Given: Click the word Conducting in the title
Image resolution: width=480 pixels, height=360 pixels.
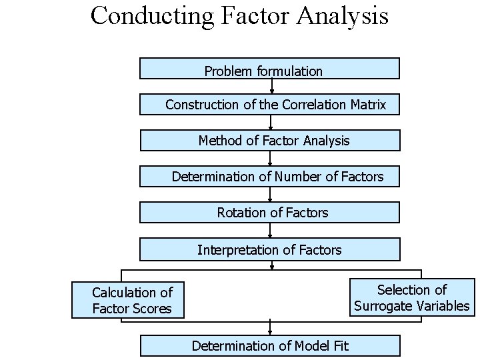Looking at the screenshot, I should click(x=152, y=15).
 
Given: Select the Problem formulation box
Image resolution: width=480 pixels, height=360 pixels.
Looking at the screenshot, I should click(x=269, y=69).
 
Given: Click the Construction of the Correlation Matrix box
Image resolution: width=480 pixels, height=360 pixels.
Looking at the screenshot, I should click(x=269, y=105).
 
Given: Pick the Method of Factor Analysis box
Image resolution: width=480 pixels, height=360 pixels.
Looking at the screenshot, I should click(x=269, y=141).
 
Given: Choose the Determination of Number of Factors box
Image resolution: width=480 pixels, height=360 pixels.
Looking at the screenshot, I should click(x=269, y=177).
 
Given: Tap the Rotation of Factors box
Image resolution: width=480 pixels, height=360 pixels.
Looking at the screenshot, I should click(x=269, y=213).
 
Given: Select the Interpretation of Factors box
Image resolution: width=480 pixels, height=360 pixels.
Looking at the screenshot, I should click(x=269, y=250).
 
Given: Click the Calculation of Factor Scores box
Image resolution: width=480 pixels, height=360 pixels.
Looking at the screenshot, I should click(x=128, y=300).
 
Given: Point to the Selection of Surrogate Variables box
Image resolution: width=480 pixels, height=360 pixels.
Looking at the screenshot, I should click(x=411, y=297).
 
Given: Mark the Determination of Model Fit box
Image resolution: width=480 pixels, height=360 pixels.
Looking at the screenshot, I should click(x=269, y=345).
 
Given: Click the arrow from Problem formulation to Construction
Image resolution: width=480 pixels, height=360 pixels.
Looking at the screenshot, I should click(x=271, y=87).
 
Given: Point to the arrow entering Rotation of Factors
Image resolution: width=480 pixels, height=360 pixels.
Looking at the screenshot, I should click(x=270, y=195).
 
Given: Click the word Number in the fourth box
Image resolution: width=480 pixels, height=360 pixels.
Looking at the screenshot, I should click(x=299, y=177).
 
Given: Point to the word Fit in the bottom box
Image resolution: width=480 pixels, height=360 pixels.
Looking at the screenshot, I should click(x=340, y=345).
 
